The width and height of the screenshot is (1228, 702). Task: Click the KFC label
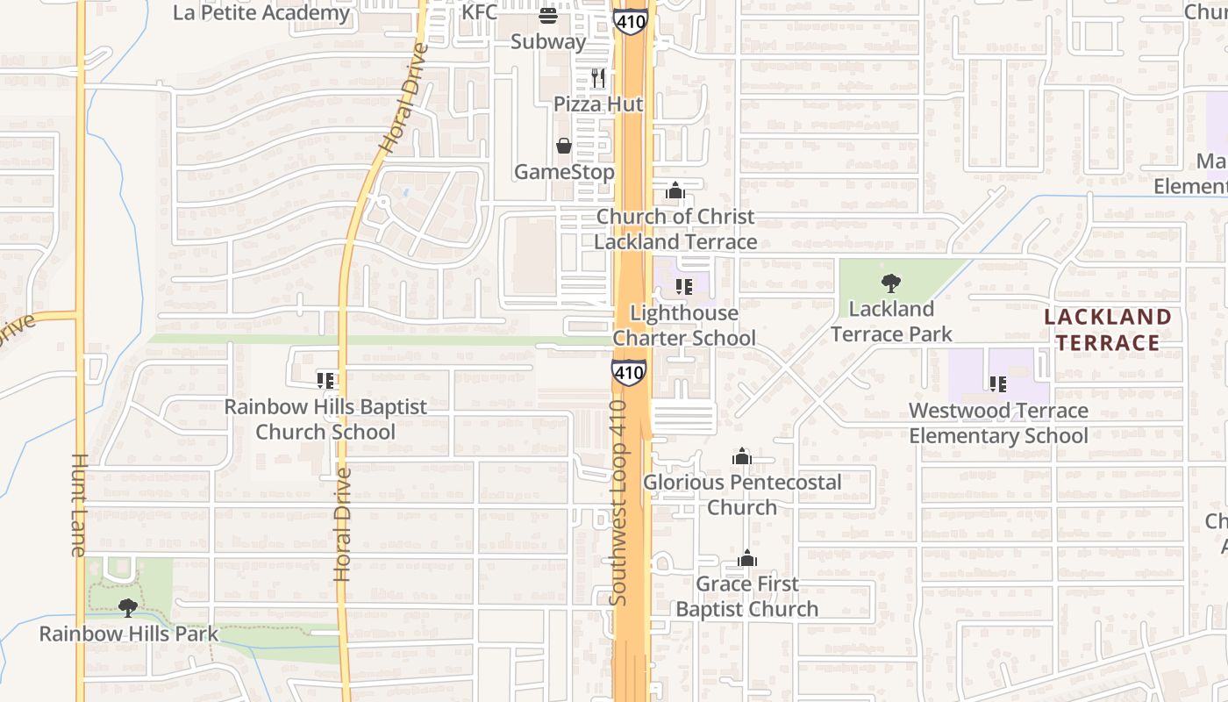479,11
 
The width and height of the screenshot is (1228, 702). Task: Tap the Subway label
548,41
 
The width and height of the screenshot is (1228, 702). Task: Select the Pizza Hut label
598,104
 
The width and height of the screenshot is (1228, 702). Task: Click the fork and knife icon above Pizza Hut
598,78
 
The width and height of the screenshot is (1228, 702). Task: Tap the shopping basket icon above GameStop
563,146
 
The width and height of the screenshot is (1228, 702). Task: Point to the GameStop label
563,171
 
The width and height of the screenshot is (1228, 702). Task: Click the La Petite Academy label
261,12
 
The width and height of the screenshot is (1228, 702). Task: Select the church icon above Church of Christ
675,190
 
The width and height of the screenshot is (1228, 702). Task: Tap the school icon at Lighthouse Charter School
684,286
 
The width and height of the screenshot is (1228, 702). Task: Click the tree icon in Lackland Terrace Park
891,283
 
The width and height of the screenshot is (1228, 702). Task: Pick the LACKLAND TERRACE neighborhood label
1108,330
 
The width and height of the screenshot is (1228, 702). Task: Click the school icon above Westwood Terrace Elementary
997,384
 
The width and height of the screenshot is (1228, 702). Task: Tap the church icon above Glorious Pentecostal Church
742,456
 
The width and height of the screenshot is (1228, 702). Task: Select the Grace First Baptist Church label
747,597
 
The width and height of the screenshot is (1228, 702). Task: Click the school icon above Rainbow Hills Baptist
325,381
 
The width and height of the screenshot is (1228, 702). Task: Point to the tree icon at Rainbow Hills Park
128,607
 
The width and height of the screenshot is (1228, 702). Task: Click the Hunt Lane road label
78,505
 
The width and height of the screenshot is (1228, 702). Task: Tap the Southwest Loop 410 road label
619,503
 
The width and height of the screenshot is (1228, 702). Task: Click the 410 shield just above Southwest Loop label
629,373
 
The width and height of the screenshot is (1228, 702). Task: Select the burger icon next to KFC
548,15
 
